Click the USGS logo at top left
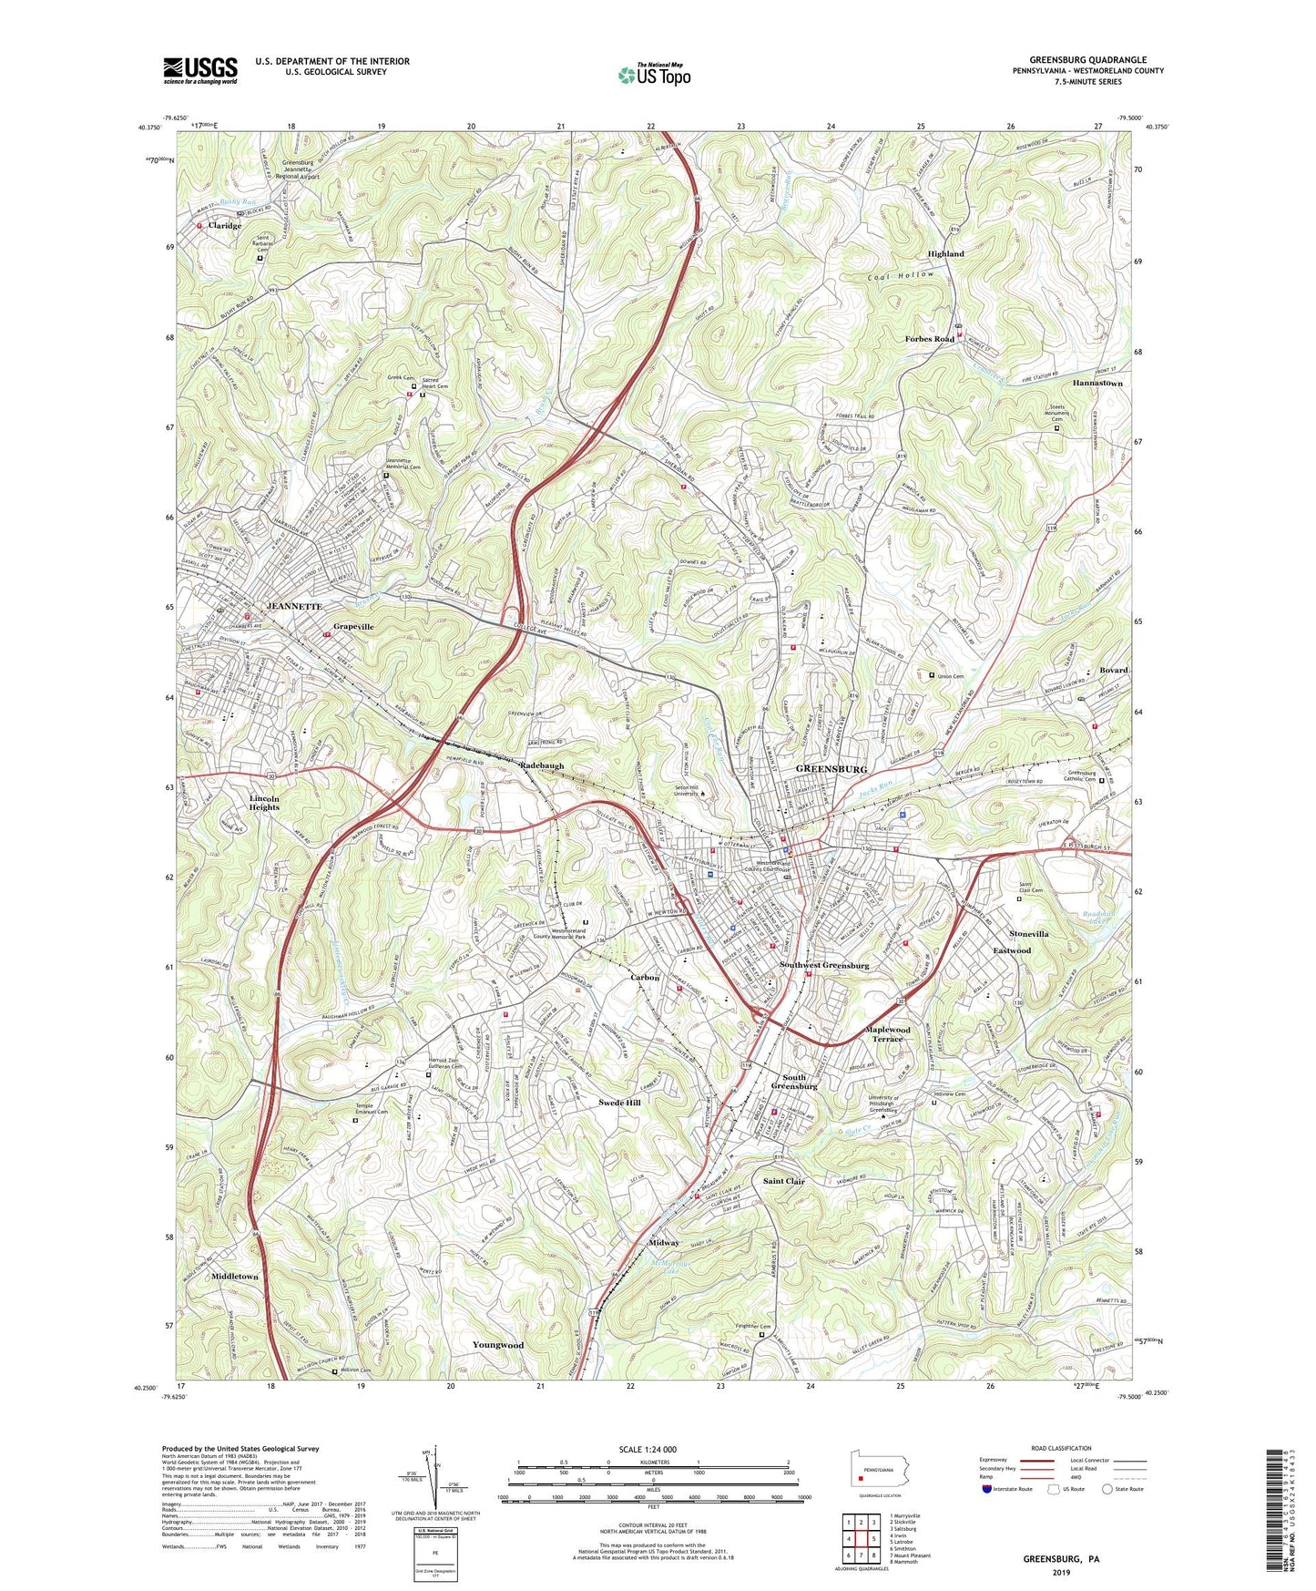pos(200,69)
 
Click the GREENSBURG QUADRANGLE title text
pos(1087,59)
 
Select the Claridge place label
pos(224,226)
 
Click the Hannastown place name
pos(1097,384)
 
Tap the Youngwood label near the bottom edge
pos(497,1345)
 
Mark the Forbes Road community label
pos(929,339)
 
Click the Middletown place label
pos(234,1277)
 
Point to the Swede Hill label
pos(619,1103)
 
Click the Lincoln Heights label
pos(265,802)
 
